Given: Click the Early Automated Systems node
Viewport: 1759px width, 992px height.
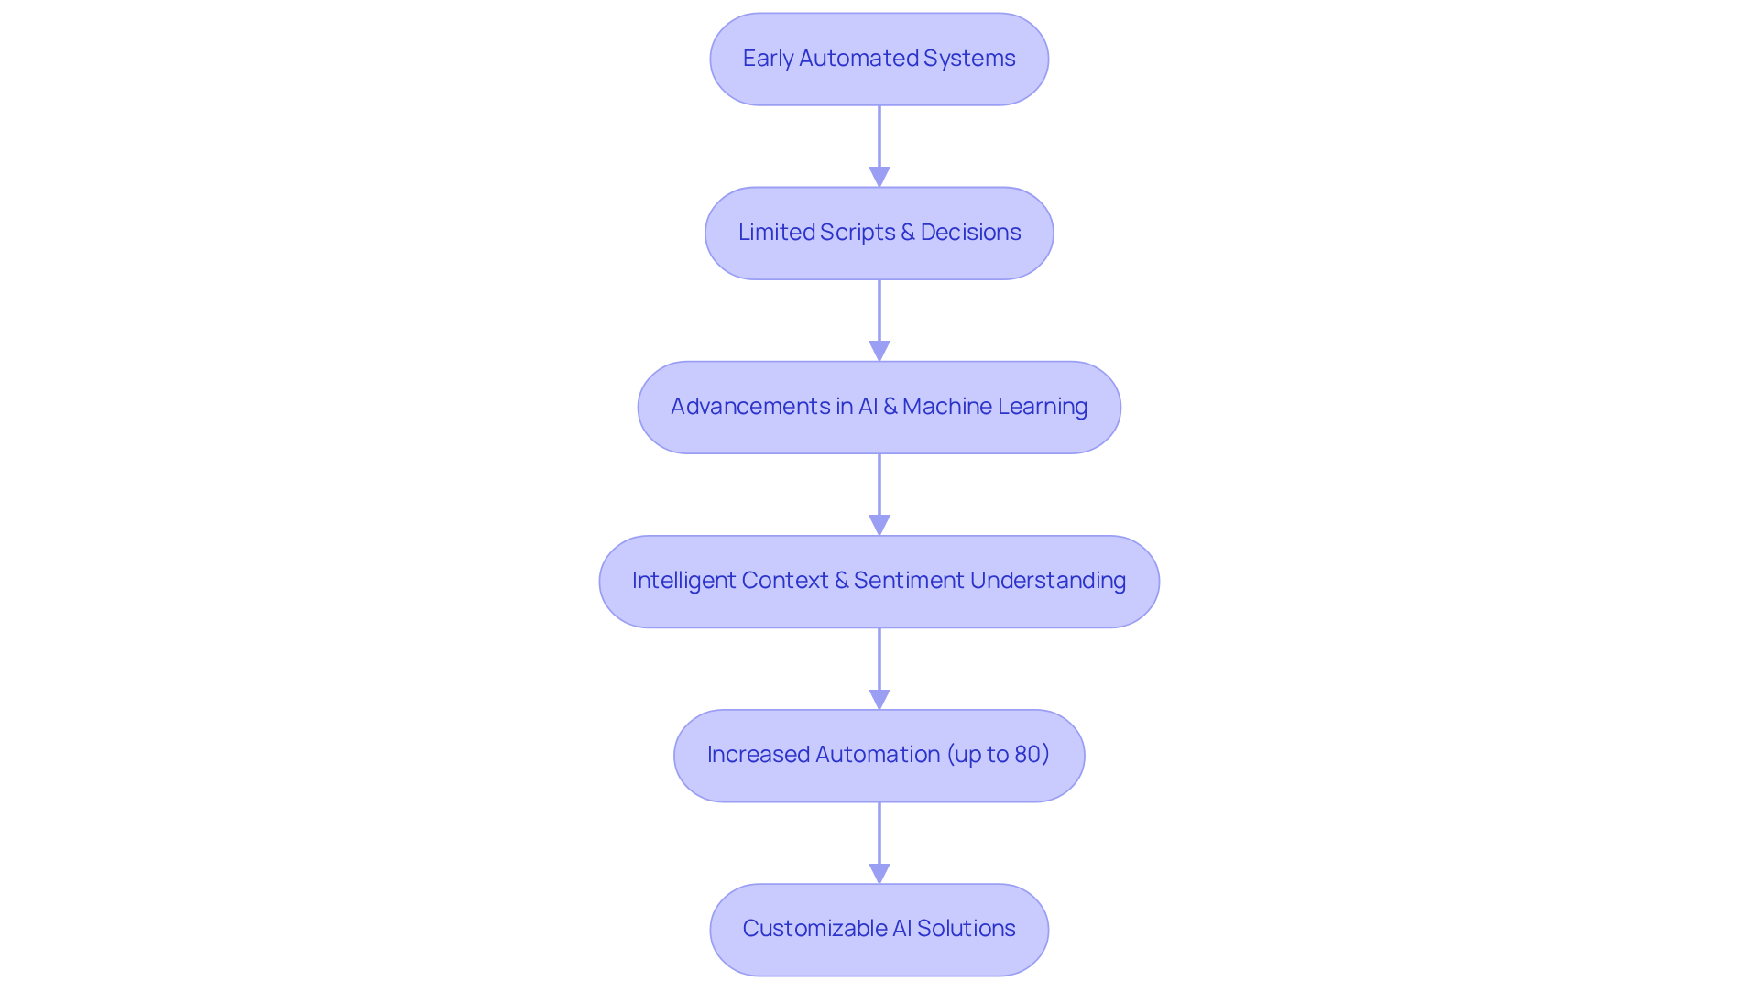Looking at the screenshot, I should tap(879, 59).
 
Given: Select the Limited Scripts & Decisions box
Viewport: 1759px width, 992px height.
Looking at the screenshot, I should tap(879, 233).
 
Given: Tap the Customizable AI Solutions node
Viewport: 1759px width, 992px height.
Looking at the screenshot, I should tap(879, 929).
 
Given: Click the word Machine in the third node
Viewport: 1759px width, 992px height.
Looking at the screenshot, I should tap(946, 407).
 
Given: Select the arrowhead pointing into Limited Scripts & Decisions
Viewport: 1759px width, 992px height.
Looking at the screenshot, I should tap(879, 177).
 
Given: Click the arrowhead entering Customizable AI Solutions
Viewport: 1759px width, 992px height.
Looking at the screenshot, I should tap(879, 873).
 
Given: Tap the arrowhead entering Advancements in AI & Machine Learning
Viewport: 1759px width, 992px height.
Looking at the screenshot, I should tap(879, 351).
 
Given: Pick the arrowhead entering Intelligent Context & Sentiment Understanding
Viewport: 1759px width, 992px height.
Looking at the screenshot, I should tap(879, 525).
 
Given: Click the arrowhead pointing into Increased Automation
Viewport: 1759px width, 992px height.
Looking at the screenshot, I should tap(879, 699).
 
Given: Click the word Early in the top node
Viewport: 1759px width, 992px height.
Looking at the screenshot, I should tap(767, 59).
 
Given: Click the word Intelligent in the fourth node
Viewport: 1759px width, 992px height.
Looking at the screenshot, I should tap(683, 581).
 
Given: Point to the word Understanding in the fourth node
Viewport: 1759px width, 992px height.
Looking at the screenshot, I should tap(1047, 581).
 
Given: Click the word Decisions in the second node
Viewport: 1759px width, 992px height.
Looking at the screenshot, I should tap(970, 233).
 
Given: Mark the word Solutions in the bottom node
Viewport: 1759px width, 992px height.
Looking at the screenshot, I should tap(966, 929).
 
